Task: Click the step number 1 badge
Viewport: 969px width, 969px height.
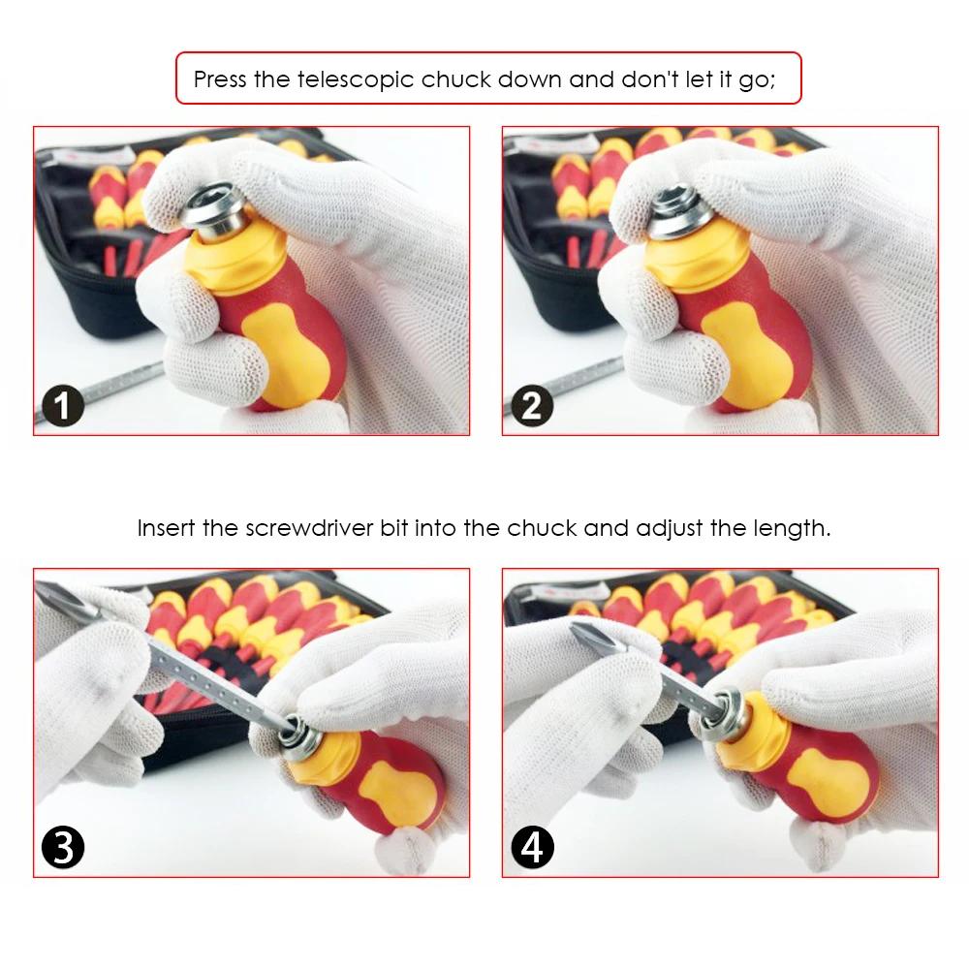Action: pos(62,405)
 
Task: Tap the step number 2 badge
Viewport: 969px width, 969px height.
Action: pos(531,405)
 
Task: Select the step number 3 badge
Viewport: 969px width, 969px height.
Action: pos(62,847)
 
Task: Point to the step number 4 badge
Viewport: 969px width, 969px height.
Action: pos(532,847)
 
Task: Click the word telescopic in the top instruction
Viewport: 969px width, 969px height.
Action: pos(355,80)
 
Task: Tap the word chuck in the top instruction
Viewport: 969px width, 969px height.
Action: pos(456,79)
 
